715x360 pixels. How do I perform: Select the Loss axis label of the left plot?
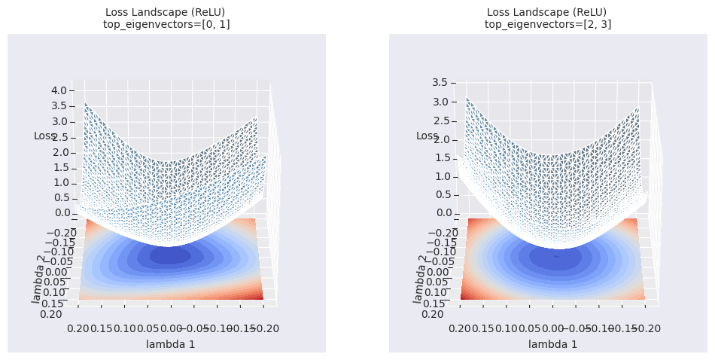44,136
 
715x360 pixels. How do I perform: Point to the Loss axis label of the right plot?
427,136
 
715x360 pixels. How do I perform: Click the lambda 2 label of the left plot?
37,278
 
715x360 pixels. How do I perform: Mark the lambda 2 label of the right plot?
418,278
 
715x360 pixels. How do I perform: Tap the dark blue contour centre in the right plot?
555,256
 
